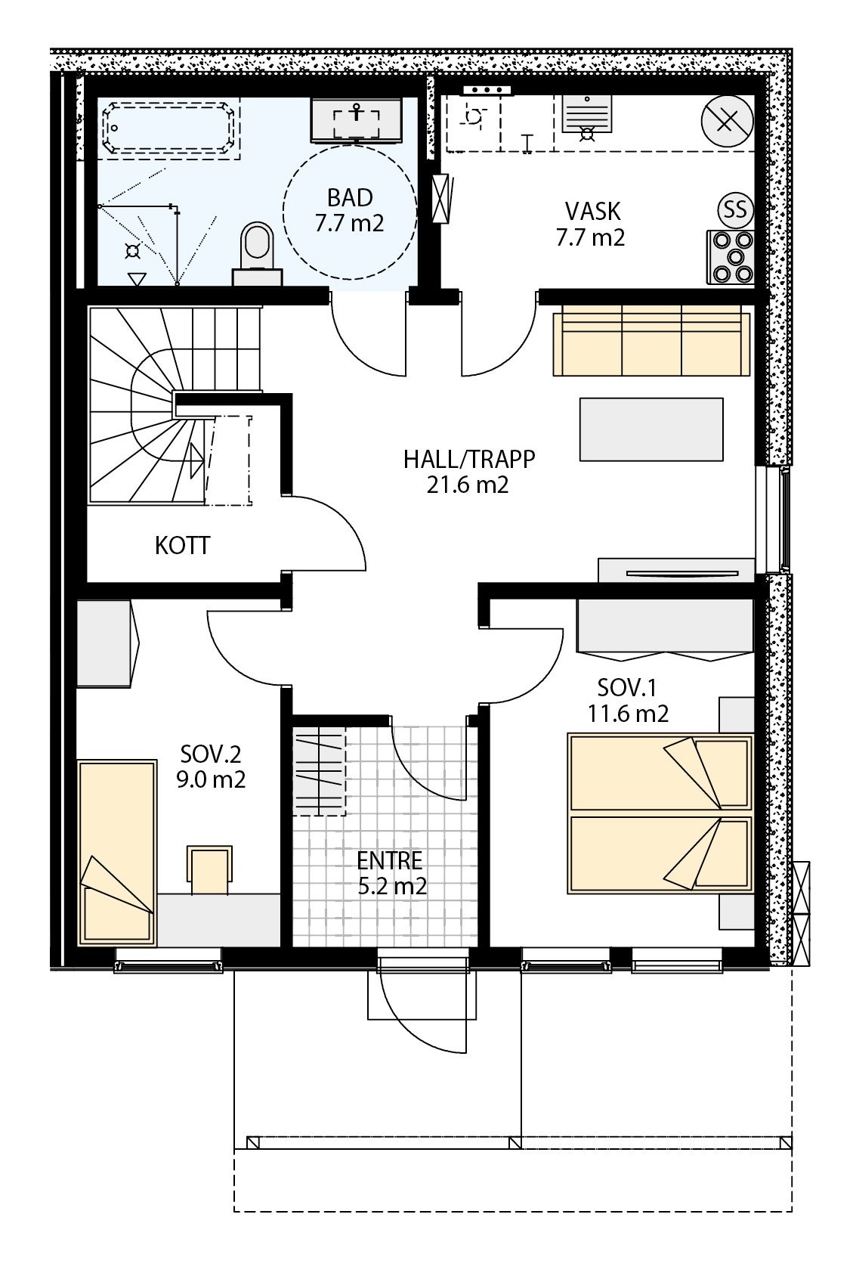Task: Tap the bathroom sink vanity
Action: tap(357, 119)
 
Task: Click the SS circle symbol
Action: tap(734, 209)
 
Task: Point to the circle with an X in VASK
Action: tap(727, 122)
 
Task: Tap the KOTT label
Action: tap(183, 546)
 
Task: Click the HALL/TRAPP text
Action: tap(468, 459)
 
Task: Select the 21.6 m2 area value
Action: tap(468, 485)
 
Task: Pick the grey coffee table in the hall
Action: tap(651, 429)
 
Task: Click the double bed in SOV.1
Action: tap(660, 813)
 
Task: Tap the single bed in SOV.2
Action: tap(117, 853)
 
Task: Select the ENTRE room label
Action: tap(389, 860)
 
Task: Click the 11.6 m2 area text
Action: tap(629, 713)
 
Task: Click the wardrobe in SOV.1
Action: tap(665, 626)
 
